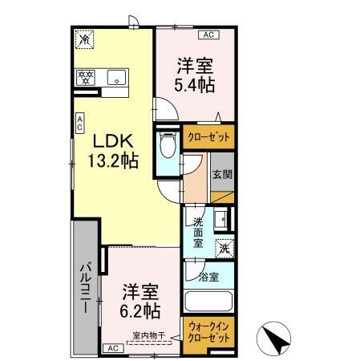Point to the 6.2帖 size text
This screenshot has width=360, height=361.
click(x=141, y=309)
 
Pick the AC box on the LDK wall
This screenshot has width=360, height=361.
click(x=79, y=122)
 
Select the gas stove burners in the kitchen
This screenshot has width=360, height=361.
click(x=86, y=79)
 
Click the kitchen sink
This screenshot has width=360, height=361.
click(x=117, y=79)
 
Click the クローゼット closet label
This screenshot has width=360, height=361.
click(x=208, y=137)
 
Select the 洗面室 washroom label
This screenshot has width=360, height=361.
click(x=198, y=233)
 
